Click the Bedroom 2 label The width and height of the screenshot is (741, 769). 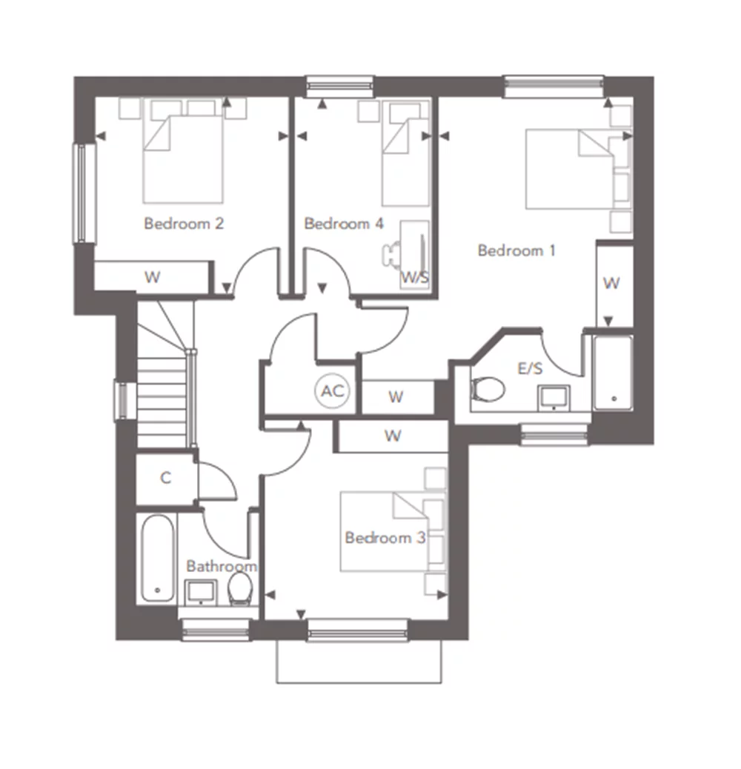[184, 224]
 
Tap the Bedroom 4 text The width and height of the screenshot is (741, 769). [344, 224]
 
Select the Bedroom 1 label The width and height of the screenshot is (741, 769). [516, 250]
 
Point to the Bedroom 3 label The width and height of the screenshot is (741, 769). [385, 538]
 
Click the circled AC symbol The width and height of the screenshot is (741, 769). [333, 391]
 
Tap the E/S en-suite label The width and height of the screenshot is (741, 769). [530, 368]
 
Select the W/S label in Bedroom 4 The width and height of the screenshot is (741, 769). [415, 278]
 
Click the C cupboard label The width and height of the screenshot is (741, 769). [166, 478]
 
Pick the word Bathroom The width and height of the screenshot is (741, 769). [222, 567]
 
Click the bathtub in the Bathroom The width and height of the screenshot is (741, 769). [157, 558]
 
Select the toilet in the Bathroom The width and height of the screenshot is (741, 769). [241, 589]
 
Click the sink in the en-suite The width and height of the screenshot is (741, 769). [554, 398]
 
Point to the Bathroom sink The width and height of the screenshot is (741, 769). [200, 593]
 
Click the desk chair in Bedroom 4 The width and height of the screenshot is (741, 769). [391, 255]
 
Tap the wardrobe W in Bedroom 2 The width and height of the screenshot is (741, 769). [153, 277]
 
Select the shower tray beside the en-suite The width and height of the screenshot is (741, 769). [613, 373]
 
